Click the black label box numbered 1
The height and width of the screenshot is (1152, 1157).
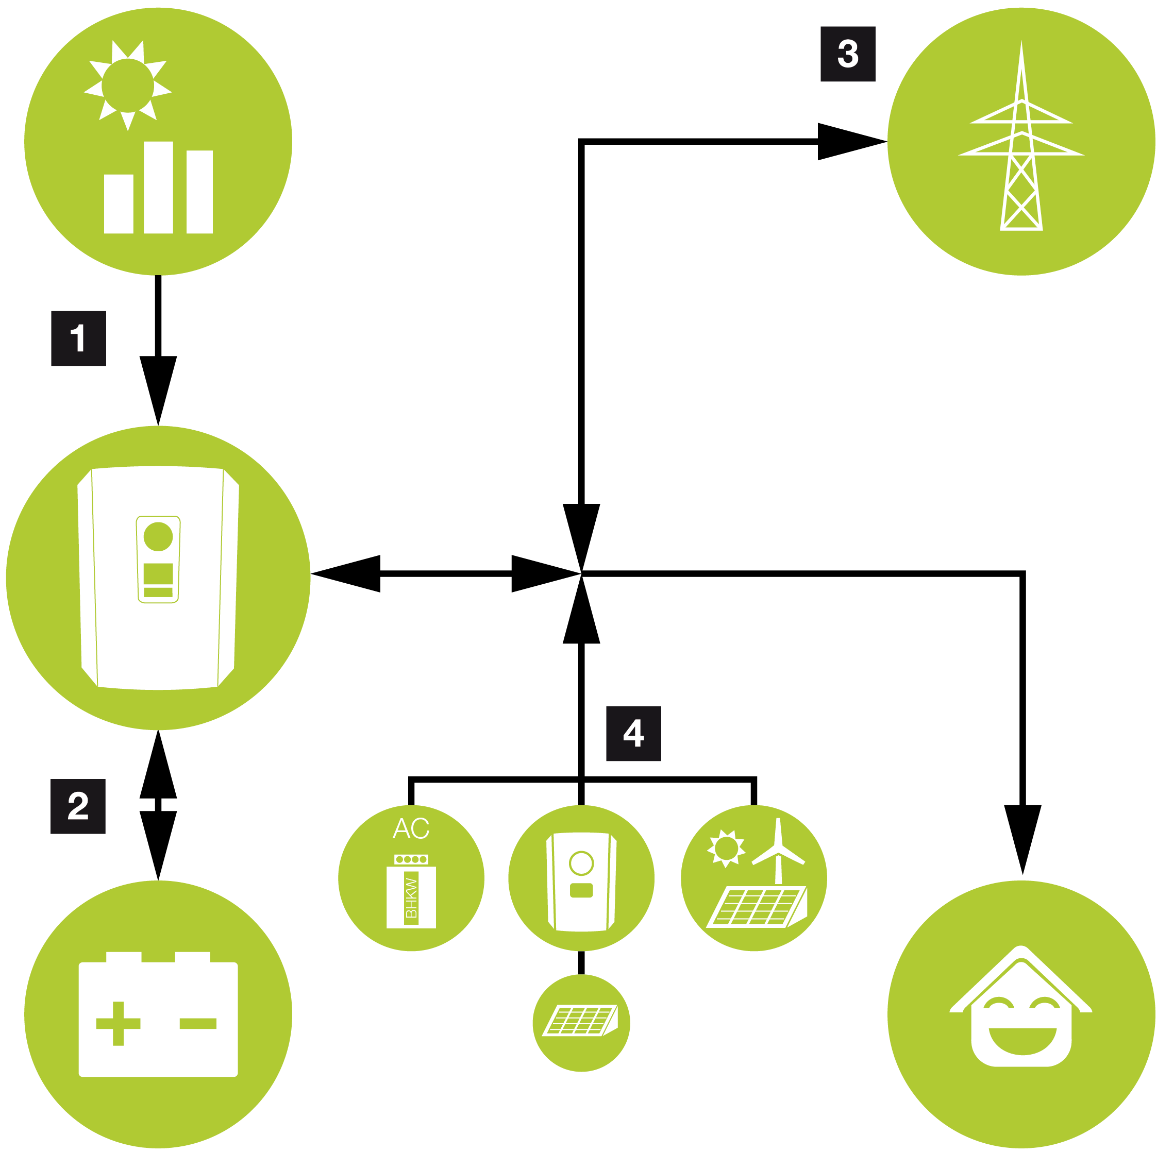tap(78, 338)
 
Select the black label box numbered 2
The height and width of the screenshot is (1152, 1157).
tap(78, 806)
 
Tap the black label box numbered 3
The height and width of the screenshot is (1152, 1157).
tap(847, 54)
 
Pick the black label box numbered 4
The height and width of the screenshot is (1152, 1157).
tap(633, 734)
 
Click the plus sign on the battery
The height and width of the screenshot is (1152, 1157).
tap(118, 1023)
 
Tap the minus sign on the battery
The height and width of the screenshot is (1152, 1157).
tap(197, 1023)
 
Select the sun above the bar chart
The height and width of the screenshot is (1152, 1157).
tap(128, 85)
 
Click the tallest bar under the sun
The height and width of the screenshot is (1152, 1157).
tap(158, 188)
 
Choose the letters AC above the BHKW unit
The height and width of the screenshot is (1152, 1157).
tap(411, 828)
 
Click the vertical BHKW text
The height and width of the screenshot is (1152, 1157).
tap(411, 898)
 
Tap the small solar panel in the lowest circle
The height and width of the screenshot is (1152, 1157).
tap(580, 1020)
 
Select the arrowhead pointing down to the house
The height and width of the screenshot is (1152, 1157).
tap(1022, 838)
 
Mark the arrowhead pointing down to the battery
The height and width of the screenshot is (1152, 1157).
tap(158, 844)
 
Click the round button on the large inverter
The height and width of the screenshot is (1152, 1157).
tap(158, 536)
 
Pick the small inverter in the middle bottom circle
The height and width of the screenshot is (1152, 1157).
tap(581, 880)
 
